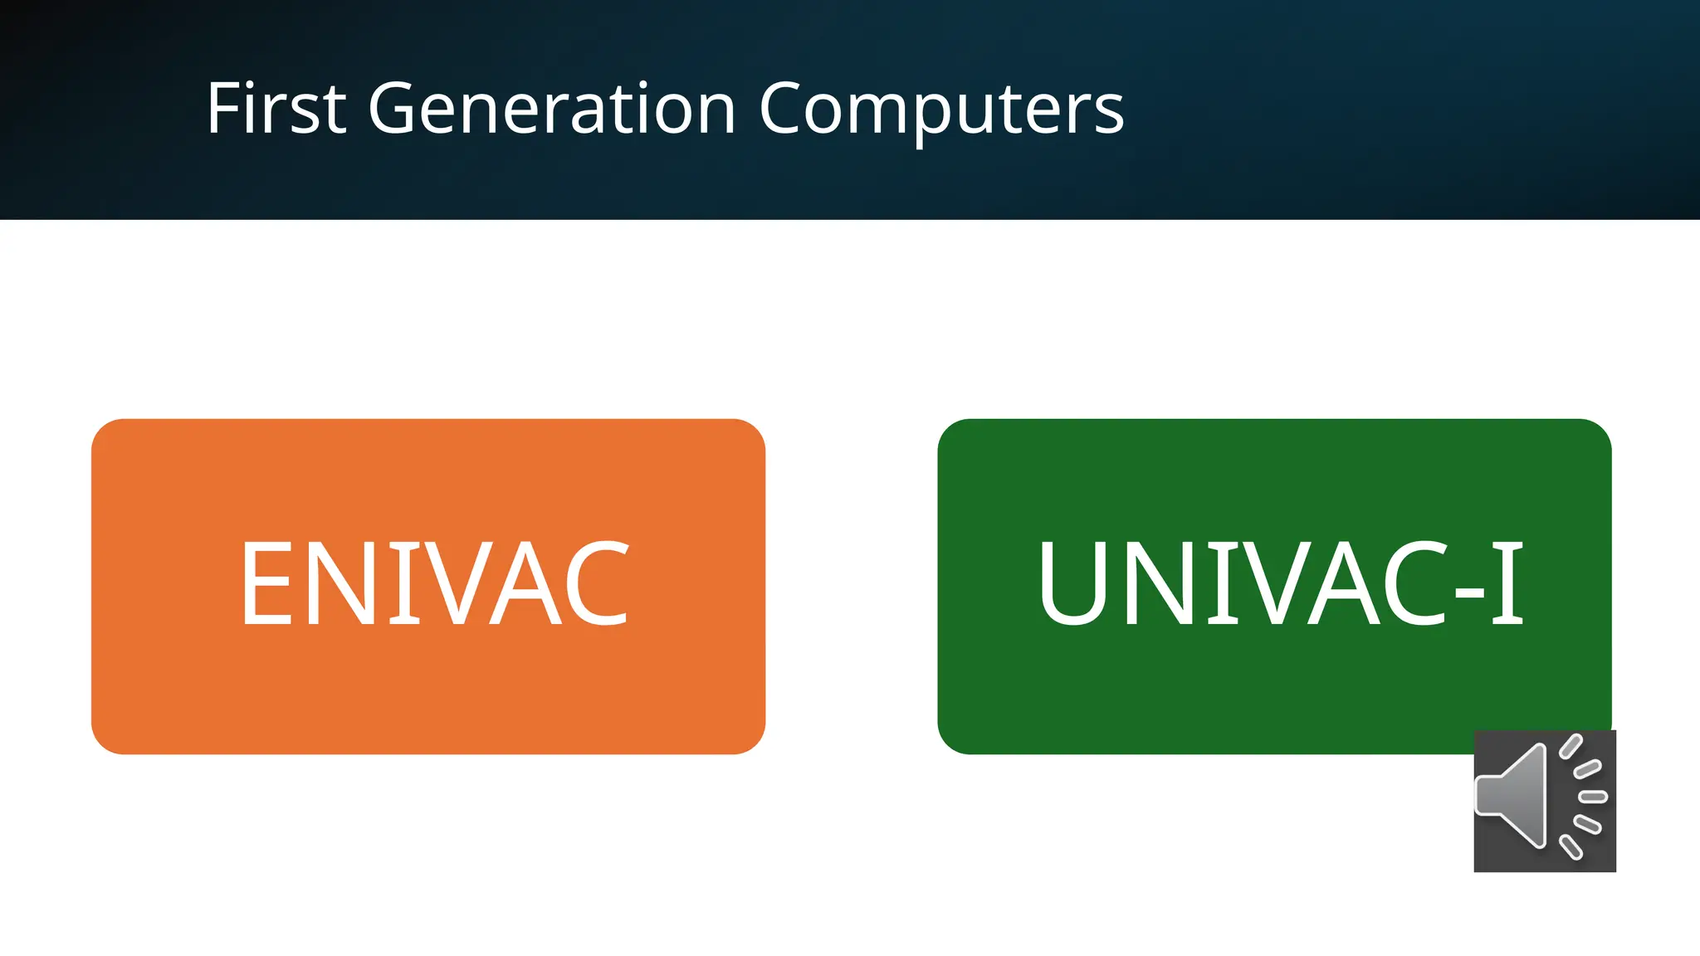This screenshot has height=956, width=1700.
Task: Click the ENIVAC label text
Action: coord(435,583)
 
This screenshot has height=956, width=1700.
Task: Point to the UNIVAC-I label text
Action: coord(1280,583)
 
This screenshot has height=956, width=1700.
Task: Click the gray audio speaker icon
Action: coord(1544,800)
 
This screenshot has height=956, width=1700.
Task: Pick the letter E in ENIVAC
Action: coord(266,583)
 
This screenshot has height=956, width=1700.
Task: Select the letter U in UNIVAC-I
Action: coord(1072,583)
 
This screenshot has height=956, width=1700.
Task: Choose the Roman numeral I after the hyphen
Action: coord(1507,583)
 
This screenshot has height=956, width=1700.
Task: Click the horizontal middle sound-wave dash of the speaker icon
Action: coord(1593,797)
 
